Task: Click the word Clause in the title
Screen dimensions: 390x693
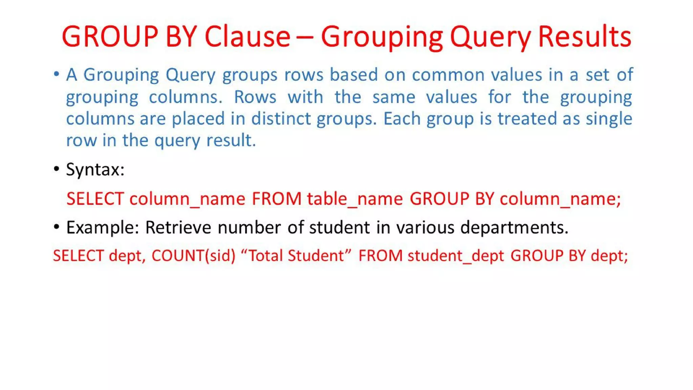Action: [x=247, y=36]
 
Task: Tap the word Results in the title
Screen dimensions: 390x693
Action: [x=584, y=36]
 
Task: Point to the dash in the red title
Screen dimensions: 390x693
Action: [x=305, y=37]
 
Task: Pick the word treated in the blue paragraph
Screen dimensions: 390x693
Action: [x=527, y=119]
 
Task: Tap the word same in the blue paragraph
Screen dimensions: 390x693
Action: [x=394, y=97]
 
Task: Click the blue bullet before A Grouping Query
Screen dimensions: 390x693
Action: [x=57, y=74]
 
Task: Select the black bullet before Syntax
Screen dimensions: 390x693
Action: [x=57, y=169]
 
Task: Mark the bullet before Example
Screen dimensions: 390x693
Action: [x=57, y=226]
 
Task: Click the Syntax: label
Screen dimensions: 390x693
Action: [x=95, y=170]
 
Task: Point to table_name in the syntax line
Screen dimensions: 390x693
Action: [x=355, y=199]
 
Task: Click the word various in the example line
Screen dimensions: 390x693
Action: [x=425, y=227]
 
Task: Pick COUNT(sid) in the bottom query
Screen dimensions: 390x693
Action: [x=193, y=256]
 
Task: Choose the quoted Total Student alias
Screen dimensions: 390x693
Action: [x=296, y=255]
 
